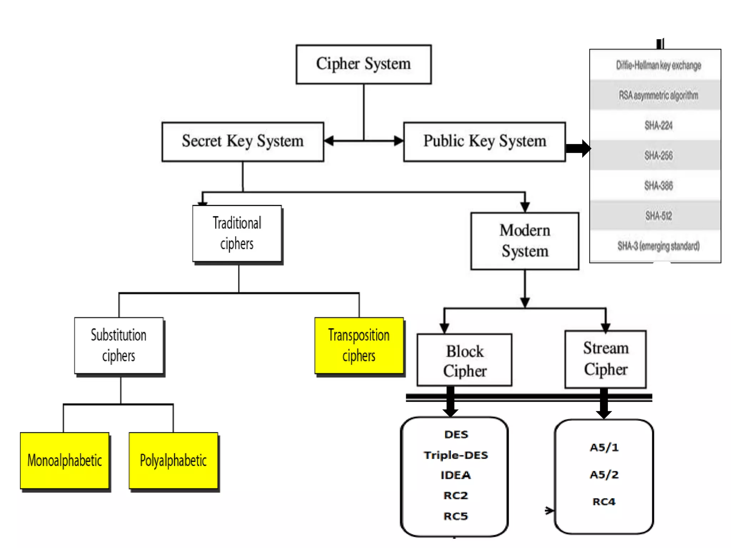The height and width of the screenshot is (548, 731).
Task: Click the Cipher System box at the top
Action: pyautogui.click(x=363, y=64)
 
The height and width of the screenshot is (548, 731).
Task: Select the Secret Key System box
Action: pyautogui.click(x=243, y=142)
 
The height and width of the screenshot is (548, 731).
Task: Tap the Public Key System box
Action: pyautogui.click(x=484, y=142)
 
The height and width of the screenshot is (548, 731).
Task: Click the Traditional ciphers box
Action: pyautogui.click(x=237, y=234)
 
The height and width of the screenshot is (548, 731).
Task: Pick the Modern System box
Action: pyautogui.click(x=524, y=241)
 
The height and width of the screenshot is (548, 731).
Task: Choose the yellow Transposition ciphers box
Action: pyautogui.click(x=359, y=345)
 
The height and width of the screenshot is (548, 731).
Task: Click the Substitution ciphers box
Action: pyautogui.click(x=119, y=345)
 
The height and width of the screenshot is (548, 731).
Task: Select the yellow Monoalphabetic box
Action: pyautogui.click(x=65, y=460)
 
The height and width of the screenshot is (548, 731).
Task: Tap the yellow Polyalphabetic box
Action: pyautogui.click(x=173, y=460)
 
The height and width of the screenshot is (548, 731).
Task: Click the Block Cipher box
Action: pyautogui.click(x=464, y=360)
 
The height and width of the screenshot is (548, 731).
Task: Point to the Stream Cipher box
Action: pyautogui.click(x=605, y=359)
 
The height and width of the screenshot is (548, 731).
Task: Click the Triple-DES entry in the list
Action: pyautogui.click(x=456, y=455)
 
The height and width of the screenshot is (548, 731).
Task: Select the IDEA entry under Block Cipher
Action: pyautogui.click(x=456, y=475)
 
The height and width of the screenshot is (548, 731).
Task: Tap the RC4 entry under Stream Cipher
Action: pyautogui.click(x=604, y=502)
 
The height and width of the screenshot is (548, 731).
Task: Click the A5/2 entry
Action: pyautogui.click(x=604, y=475)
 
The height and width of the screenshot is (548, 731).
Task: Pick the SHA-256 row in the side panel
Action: pyautogui.click(x=658, y=156)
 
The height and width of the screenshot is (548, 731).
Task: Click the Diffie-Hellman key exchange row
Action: pyautogui.click(x=658, y=65)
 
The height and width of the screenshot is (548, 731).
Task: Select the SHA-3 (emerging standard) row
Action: pyautogui.click(x=658, y=246)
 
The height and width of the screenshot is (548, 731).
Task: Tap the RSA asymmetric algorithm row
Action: pyautogui.click(x=658, y=95)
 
